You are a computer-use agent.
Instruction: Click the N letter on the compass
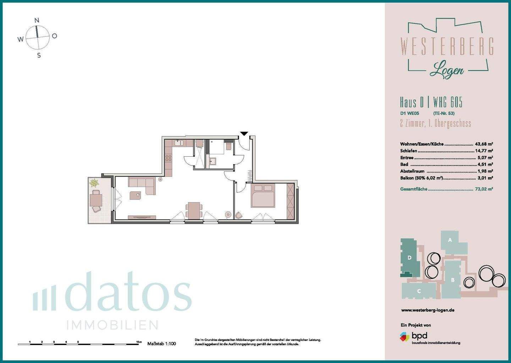37,21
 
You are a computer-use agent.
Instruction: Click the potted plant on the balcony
94,183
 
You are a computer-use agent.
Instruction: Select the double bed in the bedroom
263,196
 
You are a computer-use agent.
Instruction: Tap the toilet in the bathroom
229,146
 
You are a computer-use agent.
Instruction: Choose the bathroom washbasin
213,162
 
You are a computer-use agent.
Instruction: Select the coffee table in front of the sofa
135,195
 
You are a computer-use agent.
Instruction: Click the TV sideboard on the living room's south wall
142,217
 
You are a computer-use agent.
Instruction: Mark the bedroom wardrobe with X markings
290,201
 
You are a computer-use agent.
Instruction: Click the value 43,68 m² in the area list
484,144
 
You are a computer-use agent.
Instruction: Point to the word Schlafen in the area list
408,151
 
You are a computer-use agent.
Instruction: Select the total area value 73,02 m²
484,189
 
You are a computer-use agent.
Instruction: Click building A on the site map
450,240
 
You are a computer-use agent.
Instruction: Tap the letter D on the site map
410,258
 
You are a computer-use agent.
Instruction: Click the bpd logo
414,336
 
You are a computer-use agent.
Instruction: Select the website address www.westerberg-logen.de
428,310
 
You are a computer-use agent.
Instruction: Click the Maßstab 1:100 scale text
161,344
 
